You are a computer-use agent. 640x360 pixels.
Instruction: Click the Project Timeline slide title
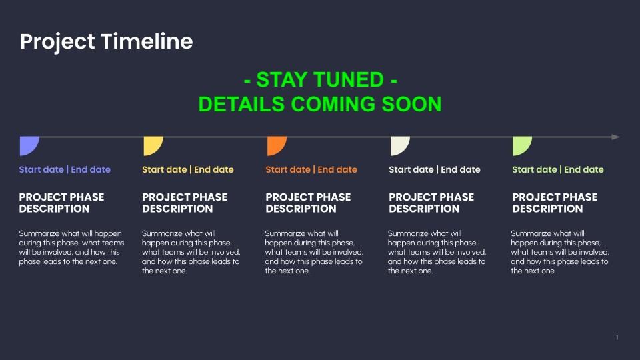pos(107,42)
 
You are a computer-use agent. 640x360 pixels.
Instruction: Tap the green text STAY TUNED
pos(320,79)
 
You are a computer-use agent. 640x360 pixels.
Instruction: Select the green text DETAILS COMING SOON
pos(320,104)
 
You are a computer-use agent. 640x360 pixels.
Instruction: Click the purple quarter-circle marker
pos(28,145)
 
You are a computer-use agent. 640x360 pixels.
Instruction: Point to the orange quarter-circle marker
pos(275,145)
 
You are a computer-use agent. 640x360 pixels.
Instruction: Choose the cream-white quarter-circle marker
pos(399,145)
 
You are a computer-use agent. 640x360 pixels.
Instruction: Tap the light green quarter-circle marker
pos(521,145)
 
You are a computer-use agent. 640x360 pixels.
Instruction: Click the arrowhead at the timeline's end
pos(616,137)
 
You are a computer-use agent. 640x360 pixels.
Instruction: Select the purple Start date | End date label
pos(65,169)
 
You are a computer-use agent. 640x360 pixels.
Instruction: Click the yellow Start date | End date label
pos(188,169)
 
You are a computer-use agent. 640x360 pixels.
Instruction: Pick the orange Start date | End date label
pos(311,169)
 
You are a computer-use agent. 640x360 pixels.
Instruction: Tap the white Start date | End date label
pos(435,169)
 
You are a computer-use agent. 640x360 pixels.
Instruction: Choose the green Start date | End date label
pos(558,169)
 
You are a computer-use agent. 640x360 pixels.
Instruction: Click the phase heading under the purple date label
pos(61,203)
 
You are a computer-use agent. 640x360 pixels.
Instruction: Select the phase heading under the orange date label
pos(308,203)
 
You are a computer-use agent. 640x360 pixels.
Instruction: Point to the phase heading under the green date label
pos(555,203)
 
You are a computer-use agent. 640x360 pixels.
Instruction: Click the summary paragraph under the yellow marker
pos(191,252)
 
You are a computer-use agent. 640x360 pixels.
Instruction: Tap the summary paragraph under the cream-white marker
pos(437,252)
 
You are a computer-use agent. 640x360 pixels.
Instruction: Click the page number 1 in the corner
pos(617,337)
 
